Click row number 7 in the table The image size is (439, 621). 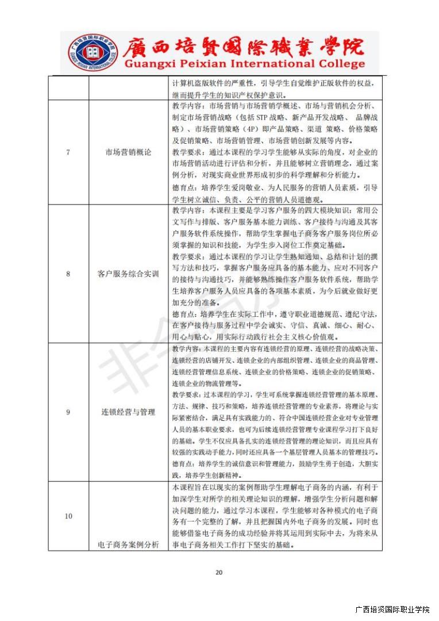(68, 152)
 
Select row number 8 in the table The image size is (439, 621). (68, 274)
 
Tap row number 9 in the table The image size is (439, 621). (68, 412)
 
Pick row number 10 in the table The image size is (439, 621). (68, 516)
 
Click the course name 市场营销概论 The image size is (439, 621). (128, 152)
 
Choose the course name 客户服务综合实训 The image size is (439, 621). (128, 274)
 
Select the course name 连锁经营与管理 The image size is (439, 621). (128, 412)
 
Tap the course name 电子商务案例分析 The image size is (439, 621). (128, 545)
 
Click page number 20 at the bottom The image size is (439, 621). (218, 572)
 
